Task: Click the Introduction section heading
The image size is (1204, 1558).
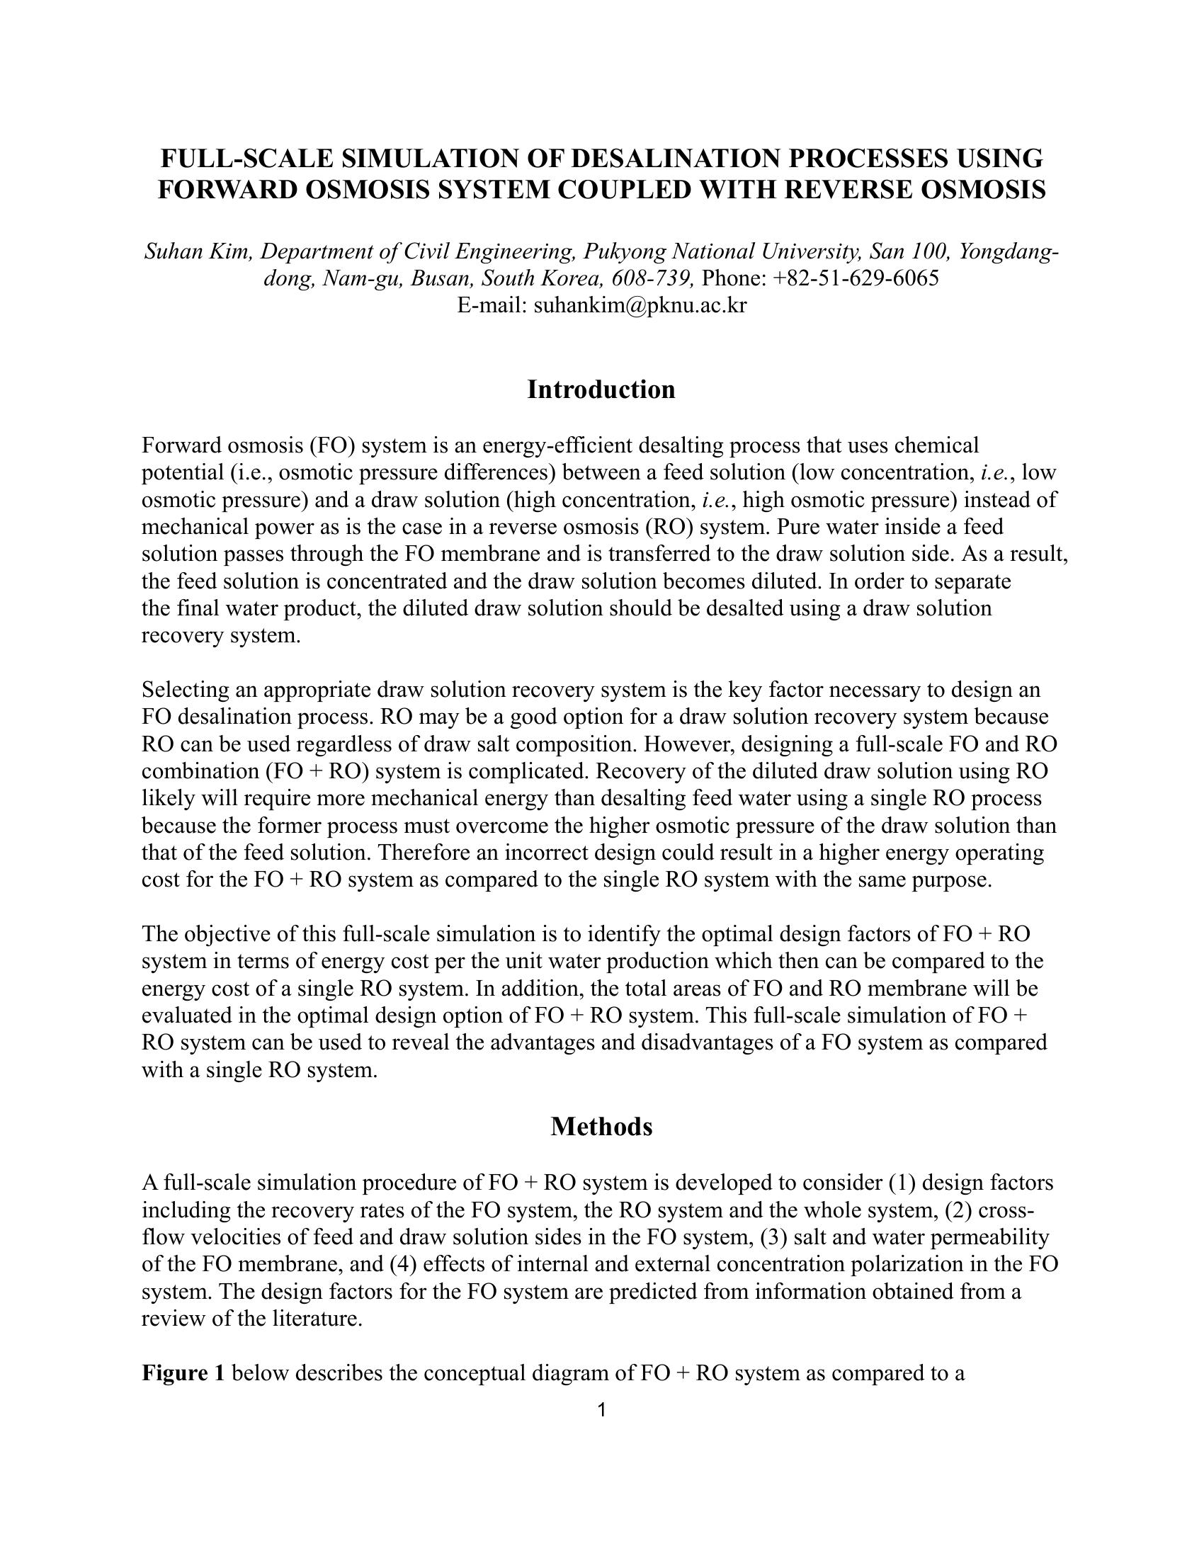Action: point(601,389)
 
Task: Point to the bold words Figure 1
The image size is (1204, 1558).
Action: point(183,1372)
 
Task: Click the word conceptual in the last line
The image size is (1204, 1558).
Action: point(466,1372)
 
